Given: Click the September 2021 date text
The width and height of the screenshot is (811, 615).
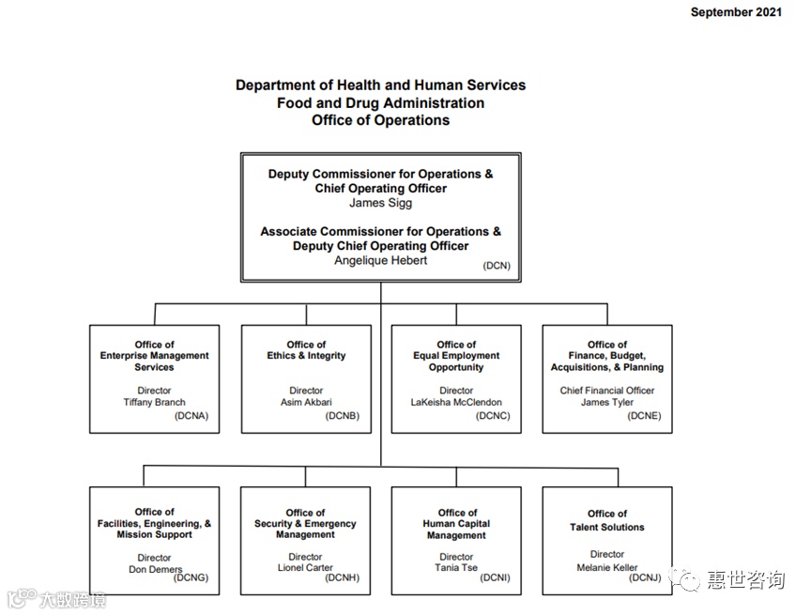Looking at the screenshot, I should (x=736, y=12).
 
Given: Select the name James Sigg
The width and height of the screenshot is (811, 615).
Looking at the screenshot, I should (x=380, y=202).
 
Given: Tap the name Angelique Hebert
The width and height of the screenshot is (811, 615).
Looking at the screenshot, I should (x=380, y=260).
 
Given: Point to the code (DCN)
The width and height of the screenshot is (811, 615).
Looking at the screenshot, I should (x=497, y=266).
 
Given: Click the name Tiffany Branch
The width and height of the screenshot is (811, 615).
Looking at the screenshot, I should (x=154, y=402).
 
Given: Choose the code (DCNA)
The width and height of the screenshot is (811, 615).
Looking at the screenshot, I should (x=191, y=415).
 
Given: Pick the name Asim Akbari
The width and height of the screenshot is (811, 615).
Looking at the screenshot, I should (x=306, y=402).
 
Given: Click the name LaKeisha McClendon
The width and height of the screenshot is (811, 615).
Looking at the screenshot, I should (x=456, y=402).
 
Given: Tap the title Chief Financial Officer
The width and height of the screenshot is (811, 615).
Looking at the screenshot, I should (x=607, y=391).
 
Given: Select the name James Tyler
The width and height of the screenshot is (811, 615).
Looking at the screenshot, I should (x=607, y=402).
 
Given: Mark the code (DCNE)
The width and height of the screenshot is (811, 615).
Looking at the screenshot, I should (x=644, y=415).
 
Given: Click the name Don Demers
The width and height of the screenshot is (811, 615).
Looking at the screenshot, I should (x=154, y=569).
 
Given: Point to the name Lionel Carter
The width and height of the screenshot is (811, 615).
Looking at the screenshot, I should (x=305, y=568).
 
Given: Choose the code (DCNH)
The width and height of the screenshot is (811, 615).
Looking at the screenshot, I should (x=342, y=578).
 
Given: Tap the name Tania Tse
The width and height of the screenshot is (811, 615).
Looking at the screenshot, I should (x=456, y=568).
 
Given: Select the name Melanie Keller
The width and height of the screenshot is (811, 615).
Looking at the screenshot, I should (x=607, y=567).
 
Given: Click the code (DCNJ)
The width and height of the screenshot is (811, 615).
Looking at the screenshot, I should (x=645, y=578).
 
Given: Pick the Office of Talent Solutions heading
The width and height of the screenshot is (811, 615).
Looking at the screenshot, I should (x=607, y=520).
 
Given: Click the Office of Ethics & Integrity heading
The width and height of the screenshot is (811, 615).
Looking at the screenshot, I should (x=306, y=350).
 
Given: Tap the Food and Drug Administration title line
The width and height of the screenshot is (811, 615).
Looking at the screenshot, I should (x=380, y=102).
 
